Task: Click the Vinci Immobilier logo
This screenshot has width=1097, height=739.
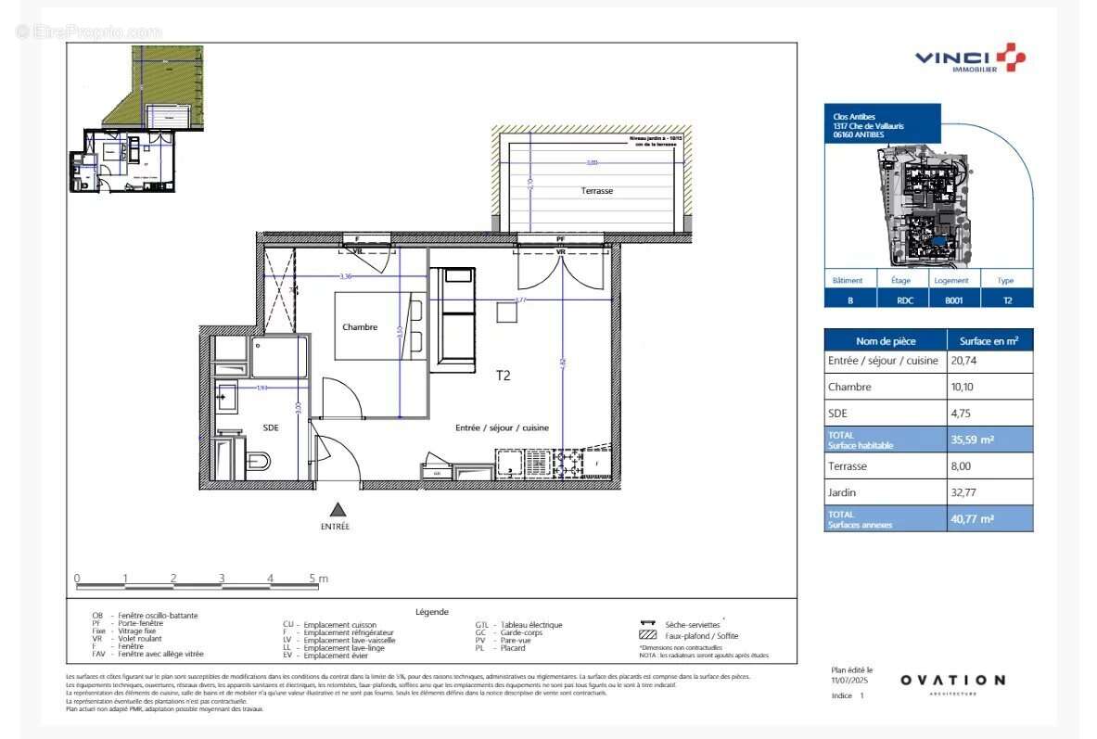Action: (x=970, y=58)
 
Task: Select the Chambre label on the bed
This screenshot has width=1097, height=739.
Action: (x=360, y=327)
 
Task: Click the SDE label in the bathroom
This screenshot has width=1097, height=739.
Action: (x=271, y=427)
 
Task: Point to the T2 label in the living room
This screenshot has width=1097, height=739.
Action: (x=503, y=376)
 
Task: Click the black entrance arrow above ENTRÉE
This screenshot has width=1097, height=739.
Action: (x=338, y=509)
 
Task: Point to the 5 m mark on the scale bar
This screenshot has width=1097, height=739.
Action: (x=318, y=579)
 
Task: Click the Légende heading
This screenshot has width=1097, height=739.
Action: (x=431, y=612)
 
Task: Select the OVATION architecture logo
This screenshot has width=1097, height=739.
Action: (x=951, y=682)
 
